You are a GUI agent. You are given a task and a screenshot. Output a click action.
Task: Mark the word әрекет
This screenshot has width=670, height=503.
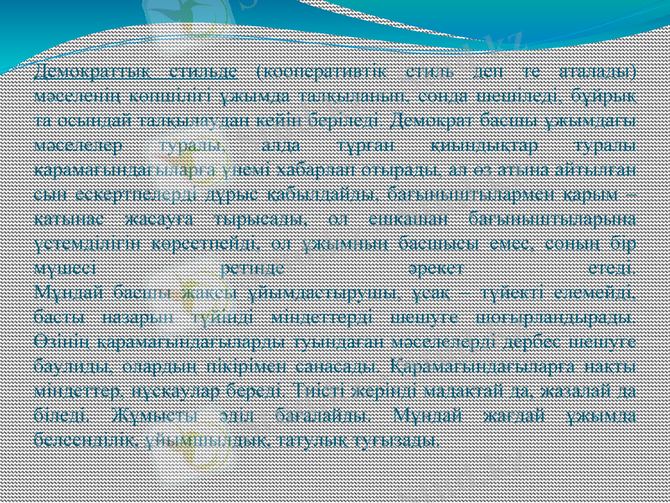[x=429, y=269]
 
